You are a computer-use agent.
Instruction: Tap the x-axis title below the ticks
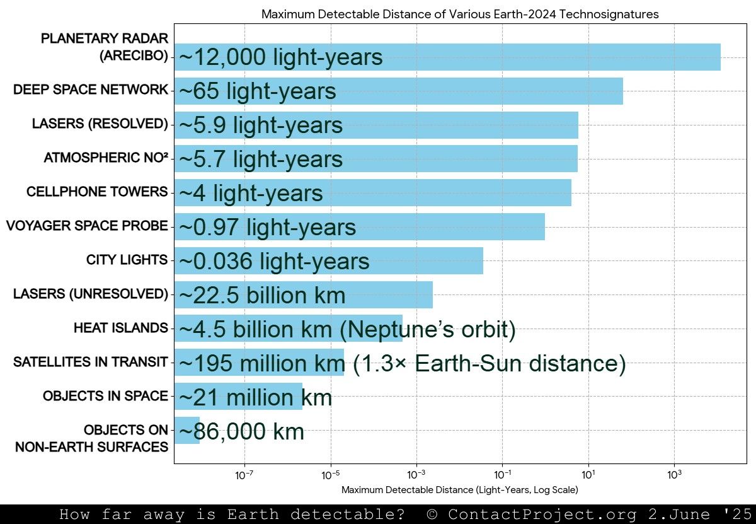click(x=459, y=490)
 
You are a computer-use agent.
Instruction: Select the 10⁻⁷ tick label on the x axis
click(x=244, y=475)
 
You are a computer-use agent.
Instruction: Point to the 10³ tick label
click(x=674, y=475)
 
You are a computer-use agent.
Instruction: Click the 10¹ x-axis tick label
click(x=588, y=475)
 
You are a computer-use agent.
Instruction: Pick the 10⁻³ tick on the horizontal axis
click(x=416, y=475)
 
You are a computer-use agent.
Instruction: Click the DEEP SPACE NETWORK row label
click(x=91, y=90)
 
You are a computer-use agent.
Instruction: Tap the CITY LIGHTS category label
click(x=127, y=260)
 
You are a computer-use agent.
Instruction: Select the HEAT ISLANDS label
click(x=121, y=329)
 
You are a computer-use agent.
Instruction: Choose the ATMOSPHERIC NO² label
click(x=106, y=158)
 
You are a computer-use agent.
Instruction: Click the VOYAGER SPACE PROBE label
click(x=87, y=226)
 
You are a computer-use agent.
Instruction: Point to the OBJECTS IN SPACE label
click(x=105, y=397)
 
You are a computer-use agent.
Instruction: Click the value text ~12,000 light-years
click(x=281, y=57)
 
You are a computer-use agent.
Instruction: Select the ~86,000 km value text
click(x=242, y=432)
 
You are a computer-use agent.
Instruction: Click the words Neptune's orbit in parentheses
click(x=431, y=330)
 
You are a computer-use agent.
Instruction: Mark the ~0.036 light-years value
click(x=274, y=261)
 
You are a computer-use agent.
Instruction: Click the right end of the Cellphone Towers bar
click(x=570, y=192)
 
